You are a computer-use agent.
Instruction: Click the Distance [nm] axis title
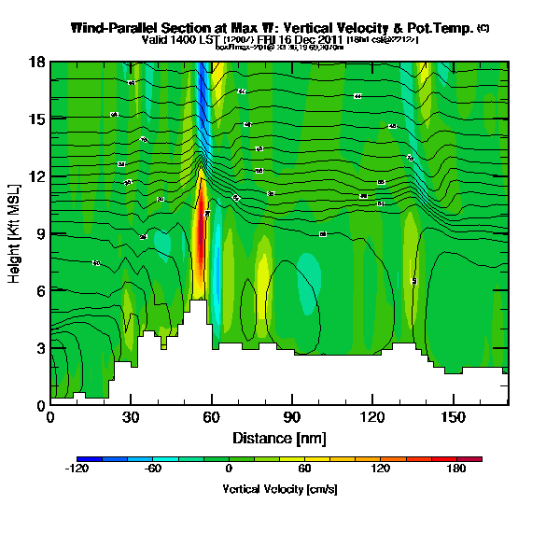[x=278, y=437]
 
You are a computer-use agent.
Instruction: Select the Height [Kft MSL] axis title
[x=16, y=233]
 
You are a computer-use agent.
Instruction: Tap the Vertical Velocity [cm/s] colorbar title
[x=279, y=489]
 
